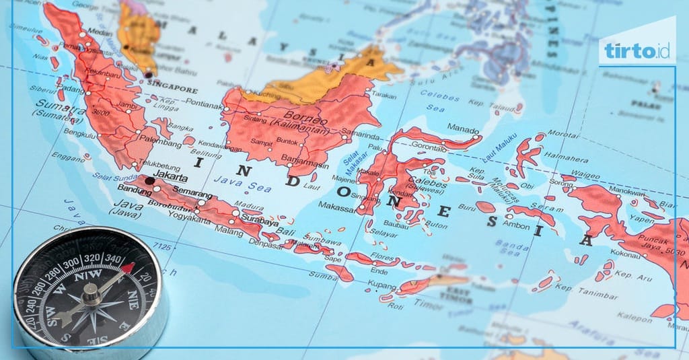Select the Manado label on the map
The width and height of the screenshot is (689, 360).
(464, 130)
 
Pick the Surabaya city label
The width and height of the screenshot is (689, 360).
(260, 221)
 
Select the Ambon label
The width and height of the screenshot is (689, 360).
(516, 226)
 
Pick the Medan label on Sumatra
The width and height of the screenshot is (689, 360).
(100, 31)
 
